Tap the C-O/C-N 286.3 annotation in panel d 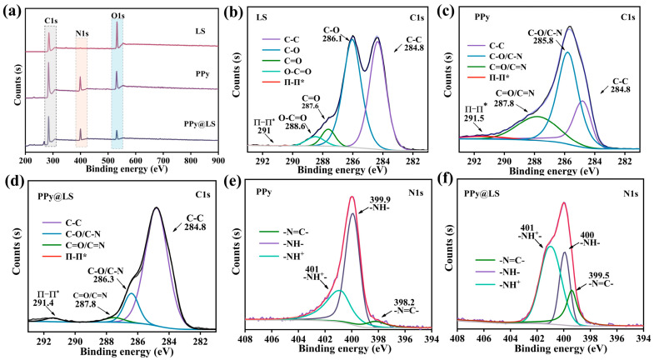(x=106, y=265)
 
